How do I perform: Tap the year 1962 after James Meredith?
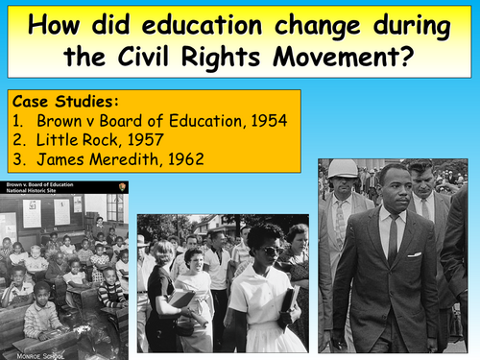(178, 158)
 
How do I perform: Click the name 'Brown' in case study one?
(60, 121)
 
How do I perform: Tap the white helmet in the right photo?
(342, 168)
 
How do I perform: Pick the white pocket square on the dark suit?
(414, 252)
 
